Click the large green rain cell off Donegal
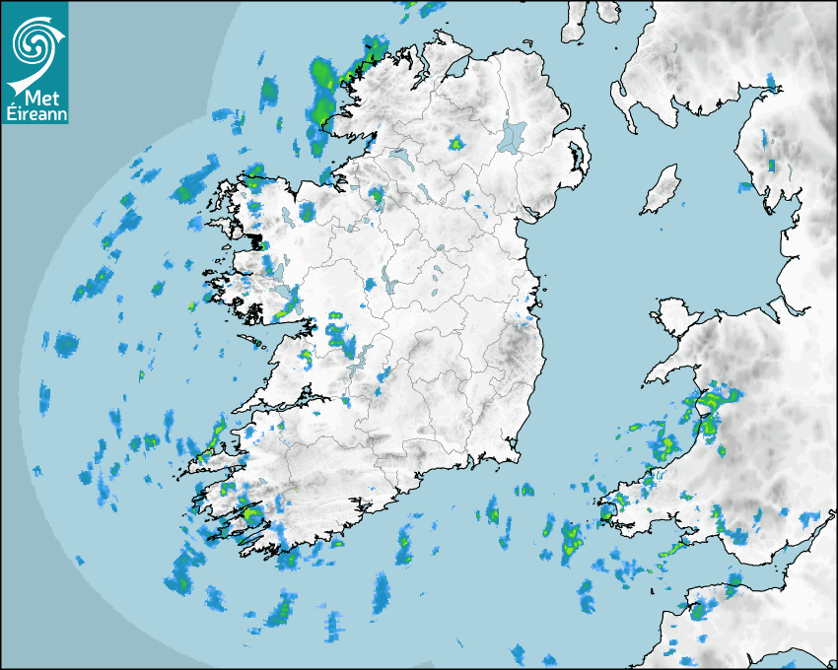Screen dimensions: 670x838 click(x=322, y=79)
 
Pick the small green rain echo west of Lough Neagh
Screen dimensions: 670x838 click(x=455, y=144)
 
